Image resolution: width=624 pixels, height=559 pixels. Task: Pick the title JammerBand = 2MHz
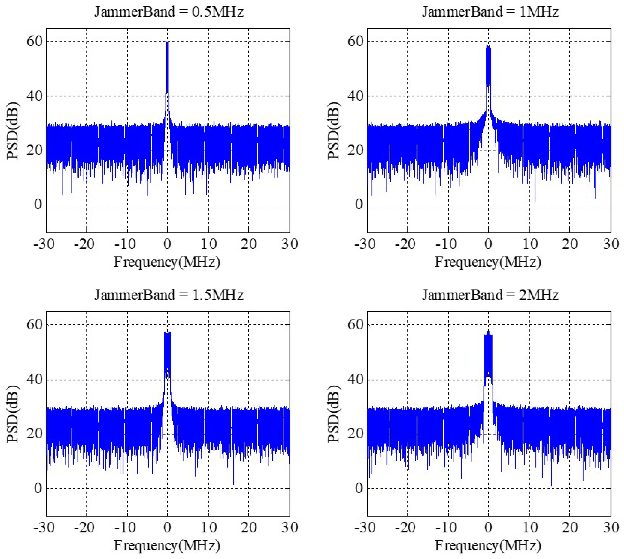pos(490,295)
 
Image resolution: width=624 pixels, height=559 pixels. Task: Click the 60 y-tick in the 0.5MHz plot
pos(34,41)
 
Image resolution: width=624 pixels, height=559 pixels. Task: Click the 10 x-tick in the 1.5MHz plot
pos(209,527)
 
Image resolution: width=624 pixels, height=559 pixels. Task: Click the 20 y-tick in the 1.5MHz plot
pos(34,434)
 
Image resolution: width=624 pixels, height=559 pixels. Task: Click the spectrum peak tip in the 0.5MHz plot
pos(167,42)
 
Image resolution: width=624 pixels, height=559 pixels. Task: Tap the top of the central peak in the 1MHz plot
pos(488,45)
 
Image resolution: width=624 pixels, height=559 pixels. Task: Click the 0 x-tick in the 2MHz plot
pos(488,527)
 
